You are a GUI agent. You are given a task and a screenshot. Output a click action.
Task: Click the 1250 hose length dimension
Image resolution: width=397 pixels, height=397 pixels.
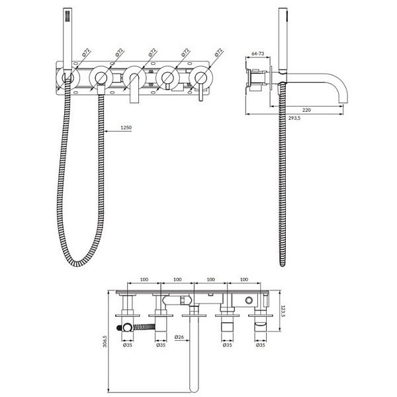tap(126, 127)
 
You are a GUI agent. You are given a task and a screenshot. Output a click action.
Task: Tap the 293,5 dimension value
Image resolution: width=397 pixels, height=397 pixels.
tap(294, 118)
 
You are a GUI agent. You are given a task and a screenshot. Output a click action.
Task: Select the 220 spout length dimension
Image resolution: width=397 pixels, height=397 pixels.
tap(306, 110)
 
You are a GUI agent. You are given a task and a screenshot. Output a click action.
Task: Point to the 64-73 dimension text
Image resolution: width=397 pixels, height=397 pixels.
tap(258, 54)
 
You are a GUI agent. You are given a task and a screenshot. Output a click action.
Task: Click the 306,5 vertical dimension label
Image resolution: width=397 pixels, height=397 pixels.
tap(105, 341)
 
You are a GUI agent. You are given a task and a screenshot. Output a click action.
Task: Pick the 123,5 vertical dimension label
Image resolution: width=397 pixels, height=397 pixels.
tap(283, 312)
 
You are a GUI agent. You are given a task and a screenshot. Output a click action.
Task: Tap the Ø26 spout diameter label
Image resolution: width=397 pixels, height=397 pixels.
tap(179, 337)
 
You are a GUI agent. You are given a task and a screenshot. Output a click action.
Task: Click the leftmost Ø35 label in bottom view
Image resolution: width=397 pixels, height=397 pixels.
tap(128, 345)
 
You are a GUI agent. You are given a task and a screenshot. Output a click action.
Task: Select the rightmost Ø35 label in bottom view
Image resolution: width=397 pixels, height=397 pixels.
tap(261, 345)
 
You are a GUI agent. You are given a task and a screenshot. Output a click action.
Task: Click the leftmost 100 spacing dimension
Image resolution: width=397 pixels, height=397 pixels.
tap(144, 279)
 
